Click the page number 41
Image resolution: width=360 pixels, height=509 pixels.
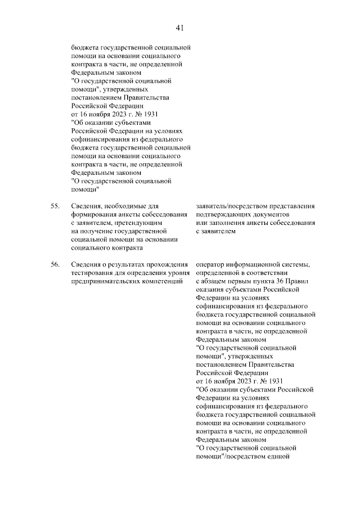tap(180, 28)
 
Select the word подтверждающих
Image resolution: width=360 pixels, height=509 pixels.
tap(224, 215)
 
